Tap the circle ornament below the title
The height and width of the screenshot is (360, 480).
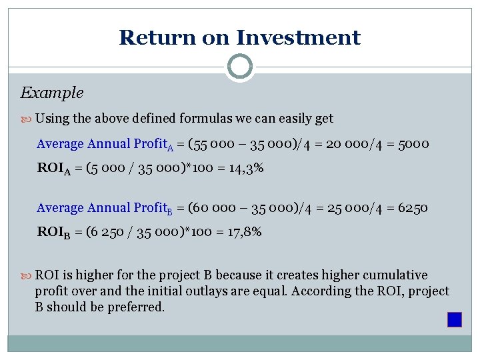pos(240,67)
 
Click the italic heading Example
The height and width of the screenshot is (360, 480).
pos(52,93)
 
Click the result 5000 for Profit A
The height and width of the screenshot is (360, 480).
pos(414,144)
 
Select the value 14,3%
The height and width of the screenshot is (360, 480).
pos(245,168)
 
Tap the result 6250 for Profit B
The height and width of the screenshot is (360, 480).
pos(413,208)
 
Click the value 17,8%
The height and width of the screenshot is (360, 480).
pos(243,232)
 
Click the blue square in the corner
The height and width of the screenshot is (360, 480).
pos(455,319)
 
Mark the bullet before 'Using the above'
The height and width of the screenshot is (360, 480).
pos(26,119)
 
